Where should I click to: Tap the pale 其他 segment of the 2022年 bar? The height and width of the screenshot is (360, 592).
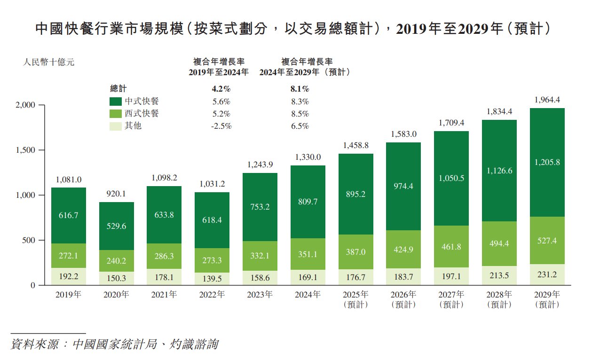[213, 278]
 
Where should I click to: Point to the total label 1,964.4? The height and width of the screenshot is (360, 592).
[547, 100]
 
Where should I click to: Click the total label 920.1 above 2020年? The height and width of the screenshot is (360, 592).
[117, 194]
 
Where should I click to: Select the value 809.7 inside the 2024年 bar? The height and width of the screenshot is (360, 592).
[308, 202]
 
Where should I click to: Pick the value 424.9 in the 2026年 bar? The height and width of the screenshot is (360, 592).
[403, 250]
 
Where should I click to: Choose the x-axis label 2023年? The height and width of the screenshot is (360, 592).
[260, 295]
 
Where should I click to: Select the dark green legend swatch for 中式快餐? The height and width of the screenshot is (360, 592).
[116, 102]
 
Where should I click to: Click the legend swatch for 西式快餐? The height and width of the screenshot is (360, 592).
[116, 114]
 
